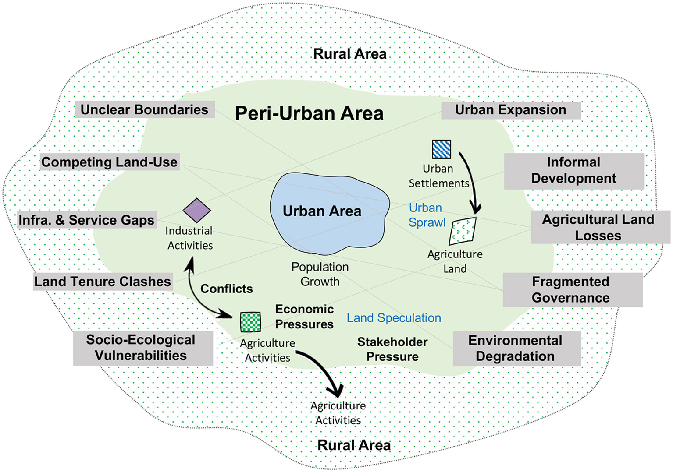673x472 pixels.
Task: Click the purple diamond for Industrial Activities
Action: click(x=197, y=210)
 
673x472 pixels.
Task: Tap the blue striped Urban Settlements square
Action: click(x=441, y=149)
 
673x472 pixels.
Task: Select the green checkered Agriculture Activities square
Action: click(x=250, y=322)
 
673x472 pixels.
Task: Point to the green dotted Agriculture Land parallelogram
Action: click(x=463, y=231)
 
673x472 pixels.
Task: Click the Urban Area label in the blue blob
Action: click(x=322, y=211)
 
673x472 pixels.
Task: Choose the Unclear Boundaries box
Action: click(x=144, y=109)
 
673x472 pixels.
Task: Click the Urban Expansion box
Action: click(x=510, y=110)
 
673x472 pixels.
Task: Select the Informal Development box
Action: click(x=573, y=171)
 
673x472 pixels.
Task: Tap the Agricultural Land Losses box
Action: click(x=598, y=227)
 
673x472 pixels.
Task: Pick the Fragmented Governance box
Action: click(x=571, y=289)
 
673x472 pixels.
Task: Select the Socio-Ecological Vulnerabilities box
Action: click(x=141, y=348)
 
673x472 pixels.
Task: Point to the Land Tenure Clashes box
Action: click(x=103, y=282)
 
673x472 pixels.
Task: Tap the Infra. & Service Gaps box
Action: click(x=86, y=220)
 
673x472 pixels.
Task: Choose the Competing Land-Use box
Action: click(x=109, y=162)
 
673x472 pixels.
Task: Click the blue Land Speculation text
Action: click(x=394, y=318)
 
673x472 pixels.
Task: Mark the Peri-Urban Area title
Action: click(x=309, y=113)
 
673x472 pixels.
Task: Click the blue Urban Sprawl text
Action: click(x=427, y=215)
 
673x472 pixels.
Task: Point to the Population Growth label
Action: click(x=320, y=274)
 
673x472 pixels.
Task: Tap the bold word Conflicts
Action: click(x=226, y=289)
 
